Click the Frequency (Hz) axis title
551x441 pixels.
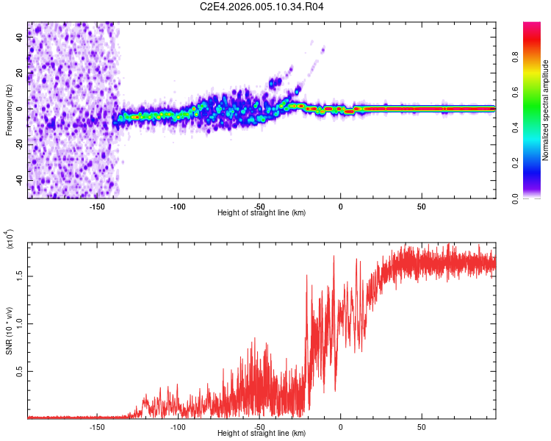pos(10,110)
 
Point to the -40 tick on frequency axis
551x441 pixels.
pos(19,180)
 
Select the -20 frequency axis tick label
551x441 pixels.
pos(19,144)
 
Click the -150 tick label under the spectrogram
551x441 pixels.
pos(97,206)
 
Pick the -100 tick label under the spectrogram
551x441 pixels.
pos(178,206)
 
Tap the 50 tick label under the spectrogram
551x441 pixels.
pos(422,206)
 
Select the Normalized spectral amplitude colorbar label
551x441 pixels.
pos(546,110)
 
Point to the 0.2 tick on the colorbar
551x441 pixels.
pos(516,163)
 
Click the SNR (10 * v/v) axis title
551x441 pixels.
pos(10,329)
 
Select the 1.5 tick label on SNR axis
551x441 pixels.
pos(18,276)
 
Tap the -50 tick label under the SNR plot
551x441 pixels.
pos(259,426)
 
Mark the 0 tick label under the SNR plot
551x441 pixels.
pos(340,426)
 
